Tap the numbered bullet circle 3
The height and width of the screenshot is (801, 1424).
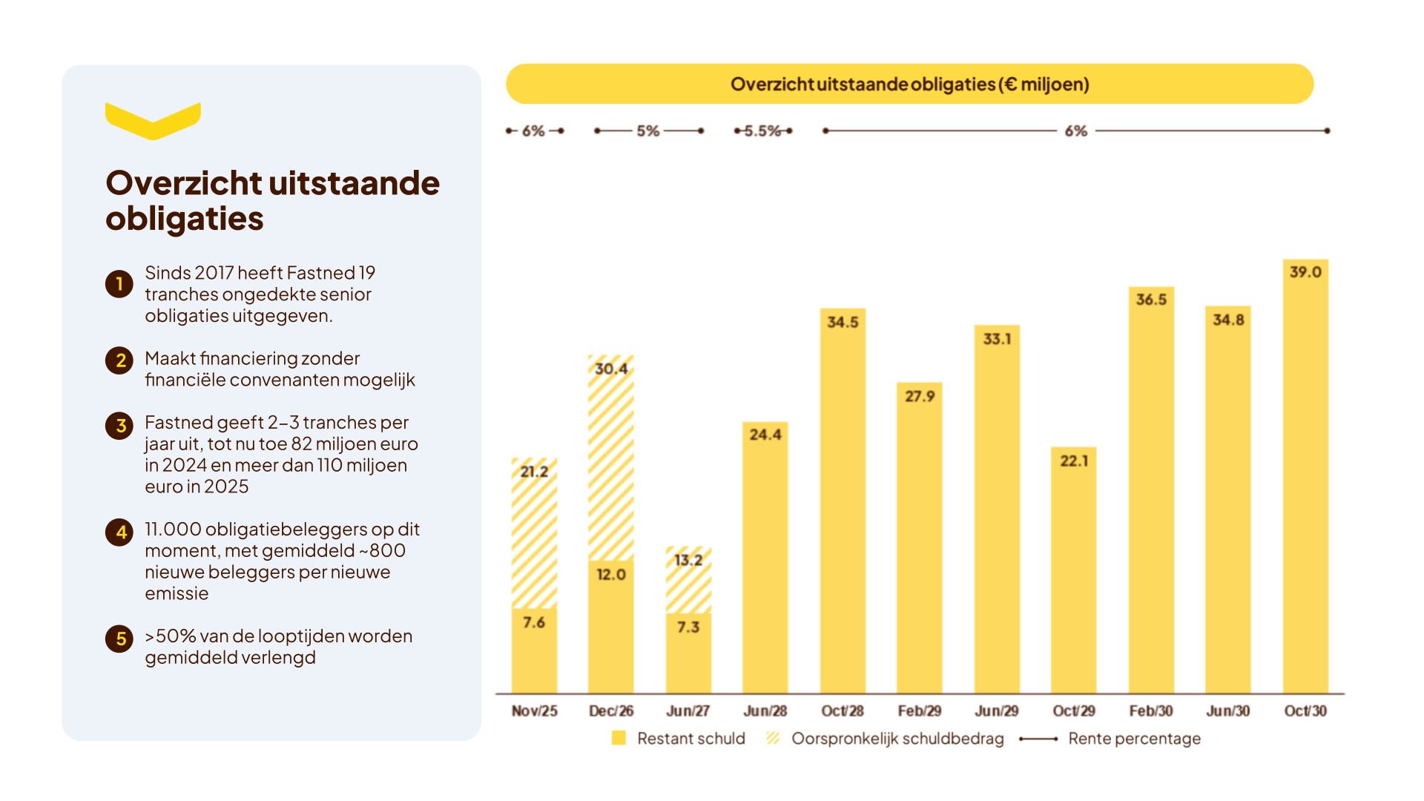pos(119,426)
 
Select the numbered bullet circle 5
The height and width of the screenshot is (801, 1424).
pos(119,639)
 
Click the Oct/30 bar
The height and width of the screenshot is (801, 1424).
pos(1305,476)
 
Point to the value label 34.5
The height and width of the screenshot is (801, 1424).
pos(843,322)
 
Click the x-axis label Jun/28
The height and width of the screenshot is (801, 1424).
pos(765,711)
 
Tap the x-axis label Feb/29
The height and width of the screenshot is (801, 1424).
pos(920,711)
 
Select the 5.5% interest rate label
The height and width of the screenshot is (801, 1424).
pos(762,131)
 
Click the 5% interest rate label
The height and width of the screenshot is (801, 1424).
pos(648,131)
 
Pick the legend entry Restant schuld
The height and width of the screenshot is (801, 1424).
pos(679,738)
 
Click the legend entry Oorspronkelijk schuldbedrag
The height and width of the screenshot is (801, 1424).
pos(885,738)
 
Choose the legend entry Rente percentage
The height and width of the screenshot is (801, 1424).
pos(1110,738)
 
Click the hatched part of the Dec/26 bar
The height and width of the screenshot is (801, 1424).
pos(611,457)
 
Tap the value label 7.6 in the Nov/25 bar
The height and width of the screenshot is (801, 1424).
pos(534,622)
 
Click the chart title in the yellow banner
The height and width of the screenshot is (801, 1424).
pos(910,84)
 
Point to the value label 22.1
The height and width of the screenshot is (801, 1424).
pos(1074,461)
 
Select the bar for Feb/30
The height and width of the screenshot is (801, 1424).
pos(1151,490)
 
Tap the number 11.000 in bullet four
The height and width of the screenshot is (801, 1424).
pos(173,529)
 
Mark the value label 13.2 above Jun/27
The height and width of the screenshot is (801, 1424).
pos(688,560)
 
